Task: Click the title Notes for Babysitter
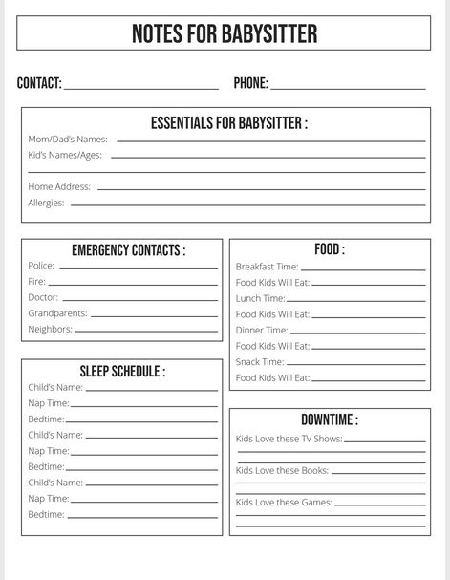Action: (x=225, y=35)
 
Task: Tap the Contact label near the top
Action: (x=39, y=83)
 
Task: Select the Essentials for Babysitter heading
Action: (x=229, y=123)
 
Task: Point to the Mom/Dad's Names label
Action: (x=68, y=140)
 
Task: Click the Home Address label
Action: (x=59, y=187)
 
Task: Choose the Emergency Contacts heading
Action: (x=129, y=250)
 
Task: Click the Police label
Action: (x=41, y=266)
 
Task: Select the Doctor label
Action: (x=43, y=297)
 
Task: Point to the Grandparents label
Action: (x=57, y=313)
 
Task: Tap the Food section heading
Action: (x=330, y=249)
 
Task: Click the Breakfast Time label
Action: (x=268, y=267)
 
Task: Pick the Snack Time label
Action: (x=260, y=362)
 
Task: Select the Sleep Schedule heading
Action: (x=122, y=371)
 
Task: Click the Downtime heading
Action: (x=330, y=419)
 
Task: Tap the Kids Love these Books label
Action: (x=282, y=471)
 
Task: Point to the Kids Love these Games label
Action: (x=284, y=503)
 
